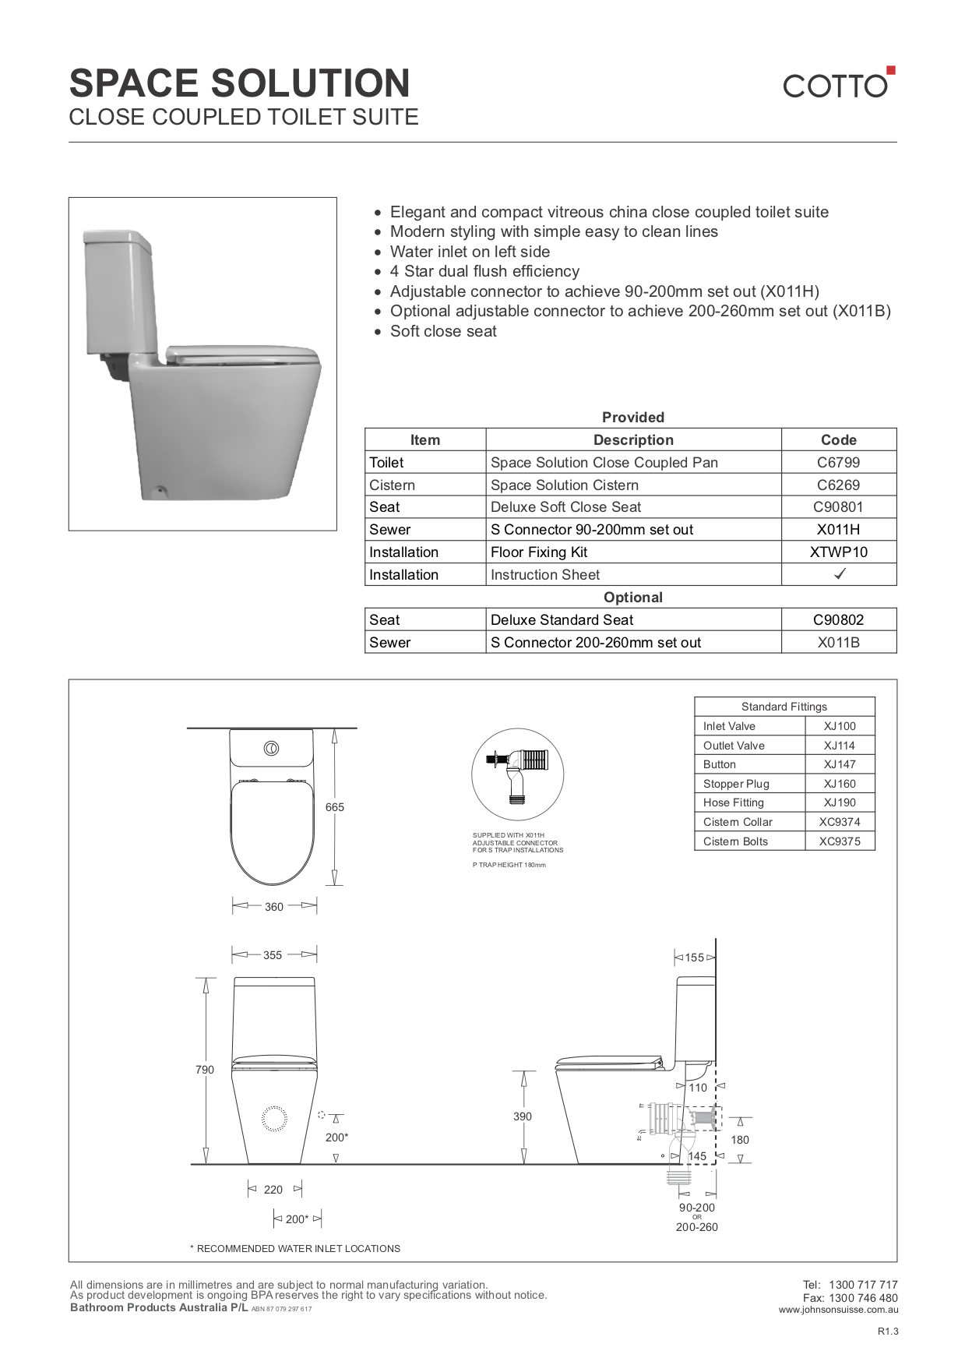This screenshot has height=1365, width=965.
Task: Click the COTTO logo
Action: [x=838, y=83]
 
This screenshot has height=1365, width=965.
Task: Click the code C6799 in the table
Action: [x=838, y=462]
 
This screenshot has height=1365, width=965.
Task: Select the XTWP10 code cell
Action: [x=838, y=552]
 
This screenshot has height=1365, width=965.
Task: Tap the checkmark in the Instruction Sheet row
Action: [x=840, y=574]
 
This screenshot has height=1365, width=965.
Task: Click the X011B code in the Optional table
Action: [x=838, y=642]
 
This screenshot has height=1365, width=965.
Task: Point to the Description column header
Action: [x=632, y=439]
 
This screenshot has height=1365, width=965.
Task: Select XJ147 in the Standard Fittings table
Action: [x=839, y=764]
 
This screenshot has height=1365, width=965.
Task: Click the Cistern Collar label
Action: [x=737, y=822]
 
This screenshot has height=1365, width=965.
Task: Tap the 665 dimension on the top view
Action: [x=334, y=807]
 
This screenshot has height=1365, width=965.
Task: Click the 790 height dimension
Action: [x=204, y=1070]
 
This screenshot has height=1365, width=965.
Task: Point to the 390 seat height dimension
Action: [x=522, y=1116]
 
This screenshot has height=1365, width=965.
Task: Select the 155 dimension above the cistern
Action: [x=694, y=958]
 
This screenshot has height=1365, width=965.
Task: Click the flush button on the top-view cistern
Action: [x=271, y=749]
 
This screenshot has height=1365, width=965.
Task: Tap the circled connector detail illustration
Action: [x=517, y=774]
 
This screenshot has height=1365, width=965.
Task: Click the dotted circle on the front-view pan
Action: [x=274, y=1119]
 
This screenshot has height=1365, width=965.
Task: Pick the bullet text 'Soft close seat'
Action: [x=442, y=331]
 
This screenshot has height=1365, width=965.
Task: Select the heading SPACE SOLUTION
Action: [x=240, y=83]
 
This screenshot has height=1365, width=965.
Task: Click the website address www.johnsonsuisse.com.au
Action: [x=837, y=1310]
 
